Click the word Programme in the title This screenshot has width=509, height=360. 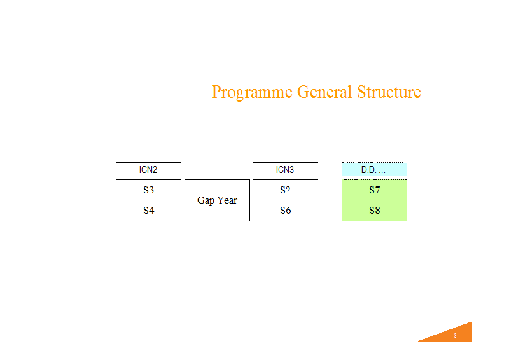[252, 92]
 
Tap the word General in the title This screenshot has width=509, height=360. [324, 92]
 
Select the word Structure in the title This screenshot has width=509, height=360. [389, 92]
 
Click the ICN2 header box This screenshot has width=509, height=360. [148, 169]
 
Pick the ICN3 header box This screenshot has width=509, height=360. [285, 169]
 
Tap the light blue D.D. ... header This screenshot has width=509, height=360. [374, 169]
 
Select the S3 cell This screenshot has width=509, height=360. [148, 190]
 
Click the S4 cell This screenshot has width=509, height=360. [148, 211]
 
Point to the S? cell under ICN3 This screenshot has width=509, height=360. [285, 190]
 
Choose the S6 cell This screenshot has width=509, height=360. [285, 211]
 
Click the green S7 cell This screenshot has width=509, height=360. [374, 190]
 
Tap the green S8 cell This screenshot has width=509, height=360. [374, 211]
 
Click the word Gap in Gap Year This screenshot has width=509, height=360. [206, 200]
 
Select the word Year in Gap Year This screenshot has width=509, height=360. [227, 200]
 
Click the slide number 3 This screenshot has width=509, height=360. [455, 336]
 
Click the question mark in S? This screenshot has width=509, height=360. [288, 190]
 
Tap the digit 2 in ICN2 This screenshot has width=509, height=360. [155, 170]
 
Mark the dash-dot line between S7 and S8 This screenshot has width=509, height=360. [374, 200]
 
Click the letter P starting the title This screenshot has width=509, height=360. [216, 92]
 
